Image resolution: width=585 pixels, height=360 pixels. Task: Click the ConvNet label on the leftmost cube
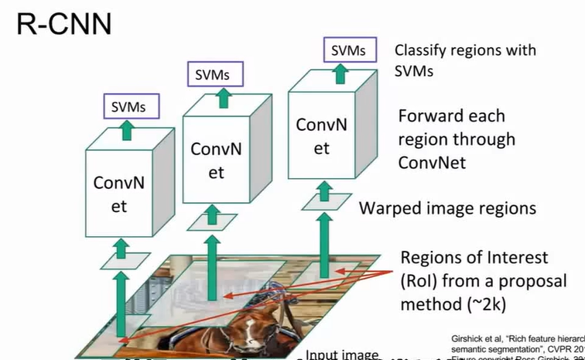tap(121, 194)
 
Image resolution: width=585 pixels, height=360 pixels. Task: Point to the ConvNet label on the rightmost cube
tap(321, 135)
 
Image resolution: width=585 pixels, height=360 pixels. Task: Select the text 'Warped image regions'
tap(447, 208)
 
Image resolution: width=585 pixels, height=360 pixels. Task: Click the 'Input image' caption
tap(342, 355)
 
